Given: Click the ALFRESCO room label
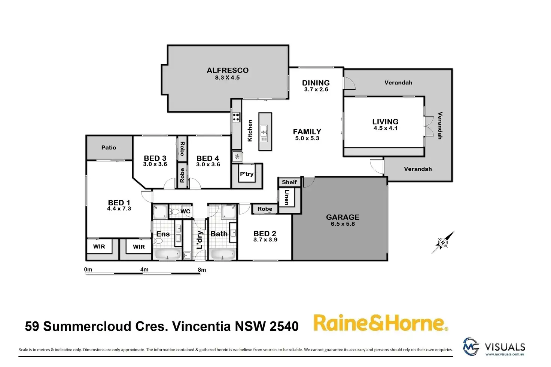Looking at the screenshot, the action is [x=228, y=70].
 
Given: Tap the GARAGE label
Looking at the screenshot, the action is [x=343, y=217].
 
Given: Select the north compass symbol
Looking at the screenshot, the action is [x=443, y=243].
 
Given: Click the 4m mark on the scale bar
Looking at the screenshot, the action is [x=144, y=269].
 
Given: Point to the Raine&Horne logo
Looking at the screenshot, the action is [x=380, y=323].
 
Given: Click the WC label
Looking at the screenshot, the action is [x=185, y=212].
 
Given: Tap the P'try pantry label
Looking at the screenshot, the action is [x=247, y=174].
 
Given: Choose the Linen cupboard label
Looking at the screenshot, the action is [x=287, y=197].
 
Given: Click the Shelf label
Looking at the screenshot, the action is [x=289, y=182].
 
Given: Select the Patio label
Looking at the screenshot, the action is [x=109, y=148].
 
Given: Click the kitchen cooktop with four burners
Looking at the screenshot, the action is [x=236, y=117].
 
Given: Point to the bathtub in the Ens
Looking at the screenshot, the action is [x=167, y=255].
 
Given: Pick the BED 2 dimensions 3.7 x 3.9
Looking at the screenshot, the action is [x=265, y=240].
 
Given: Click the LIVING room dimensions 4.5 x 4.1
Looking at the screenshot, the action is [x=385, y=128].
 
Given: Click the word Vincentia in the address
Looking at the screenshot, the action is [x=201, y=326].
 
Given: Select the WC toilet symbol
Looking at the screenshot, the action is [x=174, y=212].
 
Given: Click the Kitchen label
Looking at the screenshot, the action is [x=250, y=130].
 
